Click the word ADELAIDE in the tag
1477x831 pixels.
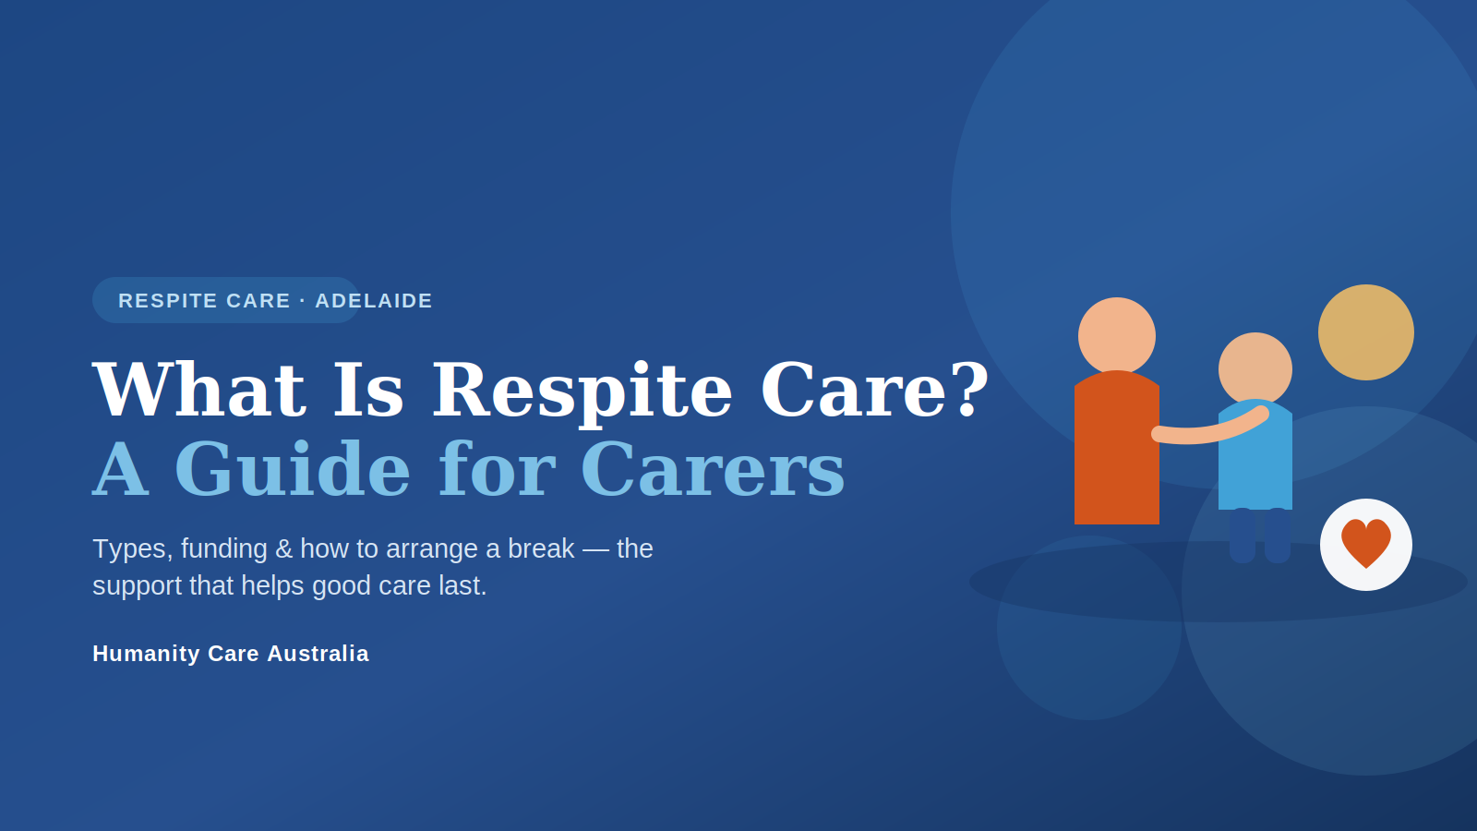(374, 301)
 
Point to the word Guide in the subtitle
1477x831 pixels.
(292, 468)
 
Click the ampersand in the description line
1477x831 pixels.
(283, 549)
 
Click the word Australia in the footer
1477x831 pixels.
(318, 654)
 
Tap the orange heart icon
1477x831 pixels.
(1365, 543)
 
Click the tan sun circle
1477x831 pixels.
(1365, 332)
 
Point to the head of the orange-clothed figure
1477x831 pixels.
(1116, 336)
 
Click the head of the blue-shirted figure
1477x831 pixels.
(1255, 369)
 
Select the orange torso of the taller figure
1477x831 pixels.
(1116, 449)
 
